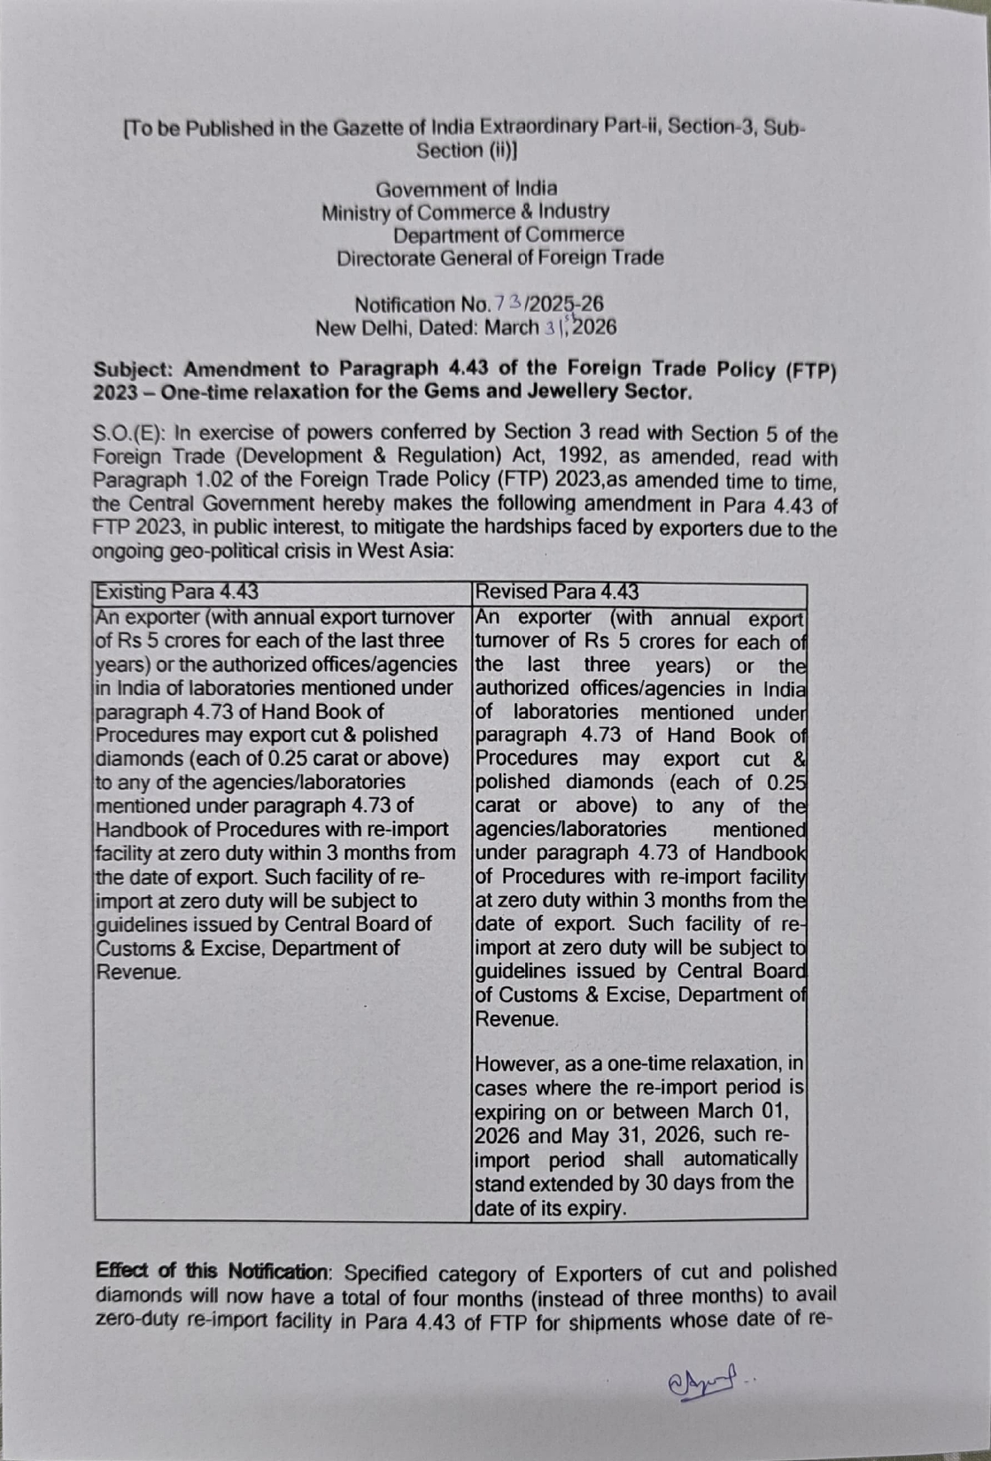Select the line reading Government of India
[467, 189]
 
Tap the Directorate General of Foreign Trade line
[499, 259]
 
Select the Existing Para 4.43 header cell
[177, 591]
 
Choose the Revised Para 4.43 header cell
[557, 591]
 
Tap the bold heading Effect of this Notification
[212, 1272]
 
